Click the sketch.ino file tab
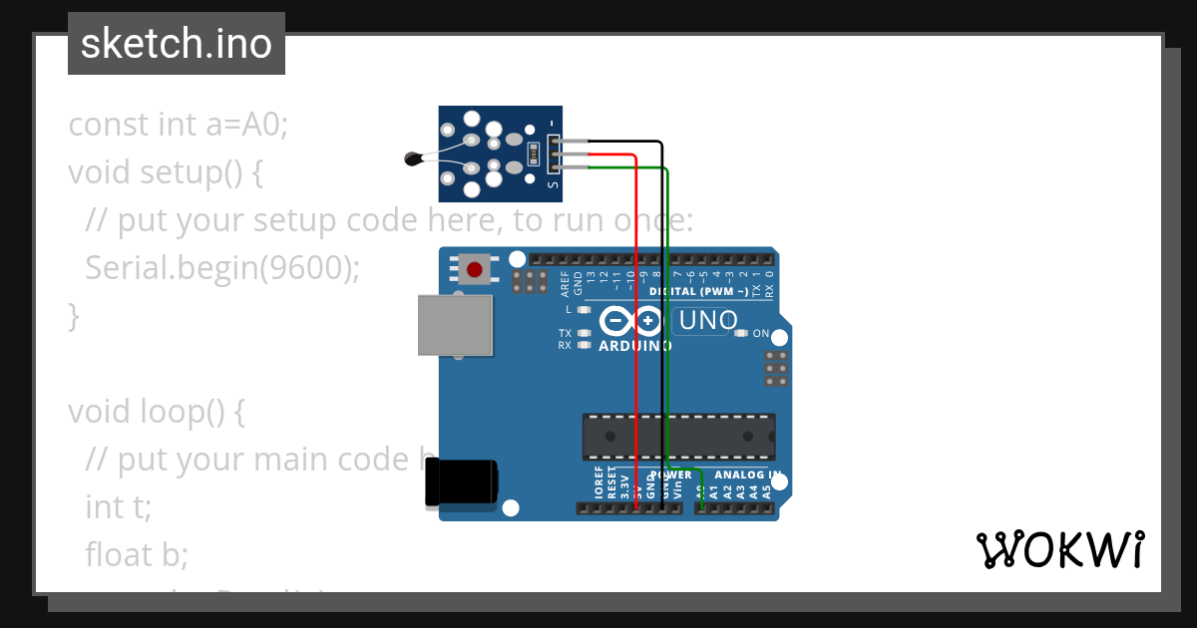(x=177, y=44)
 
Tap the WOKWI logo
(x=1059, y=549)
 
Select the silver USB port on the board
(x=456, y=325)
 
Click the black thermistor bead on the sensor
(x=412, y=157)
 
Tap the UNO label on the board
(x=707, y=320)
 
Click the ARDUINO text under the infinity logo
(x=634, y=346)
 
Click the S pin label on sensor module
(x=554, y=182)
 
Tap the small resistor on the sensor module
(x=534, y=154)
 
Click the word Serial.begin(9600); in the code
(x=221, y=267)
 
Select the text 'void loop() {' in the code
(x=156, y=411)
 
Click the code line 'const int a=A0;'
(x=178, y=125)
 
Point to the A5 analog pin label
(x=767, y=491)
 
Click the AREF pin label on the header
(x=565, y=284)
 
